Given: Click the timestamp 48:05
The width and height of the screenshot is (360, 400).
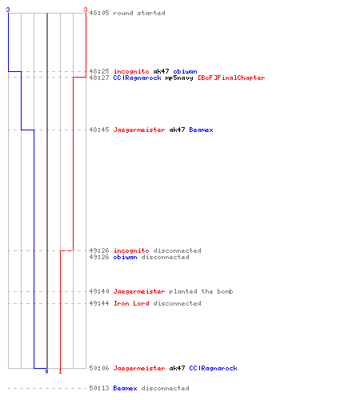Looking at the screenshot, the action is pyautogui.click(x=99, y=13).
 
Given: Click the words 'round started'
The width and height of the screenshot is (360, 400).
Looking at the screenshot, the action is pyautogui.click(x=139, y=13).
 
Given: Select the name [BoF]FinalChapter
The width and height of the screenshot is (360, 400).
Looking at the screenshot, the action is pyautogui.click(x=231, y=78).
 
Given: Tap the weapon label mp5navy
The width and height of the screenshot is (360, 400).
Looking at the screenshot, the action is pyautogui.click(x=179, y=78).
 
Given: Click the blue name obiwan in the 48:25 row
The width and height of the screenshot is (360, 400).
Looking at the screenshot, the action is pyautogui.click(x=185, y=71).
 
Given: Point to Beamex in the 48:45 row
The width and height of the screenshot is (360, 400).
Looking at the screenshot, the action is pyautogui.click(x=201, y=130).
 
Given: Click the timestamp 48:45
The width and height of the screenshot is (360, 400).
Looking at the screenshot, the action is pyautogui.click(x=99, y=130).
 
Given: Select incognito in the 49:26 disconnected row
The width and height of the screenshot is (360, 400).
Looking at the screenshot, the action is pyautogui.click(x=131, y=250).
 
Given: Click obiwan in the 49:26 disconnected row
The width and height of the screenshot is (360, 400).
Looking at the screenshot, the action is pyautogui.click(x=125, y=257).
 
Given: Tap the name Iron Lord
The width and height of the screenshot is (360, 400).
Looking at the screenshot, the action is pyautogui.click(x=131, y=303).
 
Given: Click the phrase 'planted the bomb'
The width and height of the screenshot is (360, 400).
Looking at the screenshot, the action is pyautogui.click(x=201, y=291).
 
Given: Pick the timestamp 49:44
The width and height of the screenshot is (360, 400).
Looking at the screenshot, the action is pyautogui.click(x=99, y=303).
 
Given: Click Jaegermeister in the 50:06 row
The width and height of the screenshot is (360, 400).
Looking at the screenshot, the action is pyautogui.click(x=139, y=368).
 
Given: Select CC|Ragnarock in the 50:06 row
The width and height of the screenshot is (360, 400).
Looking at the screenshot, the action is pyautogui.click(x=213, y=368).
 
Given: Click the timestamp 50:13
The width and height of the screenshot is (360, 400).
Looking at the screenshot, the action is pyautogui.click(x=99, y=388).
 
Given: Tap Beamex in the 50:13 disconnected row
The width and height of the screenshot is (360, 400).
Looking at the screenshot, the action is pyautogui.click(x=125, y=388).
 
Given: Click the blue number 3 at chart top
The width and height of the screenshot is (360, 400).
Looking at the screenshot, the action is pyautogui.click(x=8, y=10).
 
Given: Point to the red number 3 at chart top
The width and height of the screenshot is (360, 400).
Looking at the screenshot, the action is pyautogui.click(x=86, y=10).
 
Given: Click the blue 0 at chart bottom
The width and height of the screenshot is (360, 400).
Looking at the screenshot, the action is pyautogui.click(x=46, y=371).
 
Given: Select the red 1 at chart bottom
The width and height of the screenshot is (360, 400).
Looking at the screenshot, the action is pyautogui.click(x=60, y=371).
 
